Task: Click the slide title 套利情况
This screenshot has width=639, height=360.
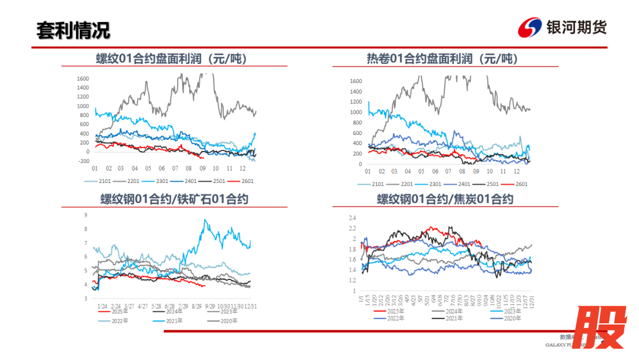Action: tap(73, 30)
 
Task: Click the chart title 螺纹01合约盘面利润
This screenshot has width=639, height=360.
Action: tap(172, 59)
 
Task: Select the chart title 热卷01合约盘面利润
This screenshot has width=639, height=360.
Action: tap(442, 59)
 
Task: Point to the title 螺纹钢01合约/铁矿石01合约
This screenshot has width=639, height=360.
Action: tap(174, 199)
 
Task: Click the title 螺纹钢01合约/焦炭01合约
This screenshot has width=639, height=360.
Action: tap(445, 199)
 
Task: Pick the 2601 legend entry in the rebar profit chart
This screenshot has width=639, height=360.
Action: tap(244, 181)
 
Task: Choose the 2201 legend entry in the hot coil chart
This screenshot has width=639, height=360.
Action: tap(402, 184)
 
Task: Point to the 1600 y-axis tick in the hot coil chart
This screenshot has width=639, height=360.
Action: tap(356, 81)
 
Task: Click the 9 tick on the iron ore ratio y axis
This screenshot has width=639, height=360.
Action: tap(86, 215)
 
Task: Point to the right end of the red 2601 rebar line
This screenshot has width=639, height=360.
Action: tap(204, 158)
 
